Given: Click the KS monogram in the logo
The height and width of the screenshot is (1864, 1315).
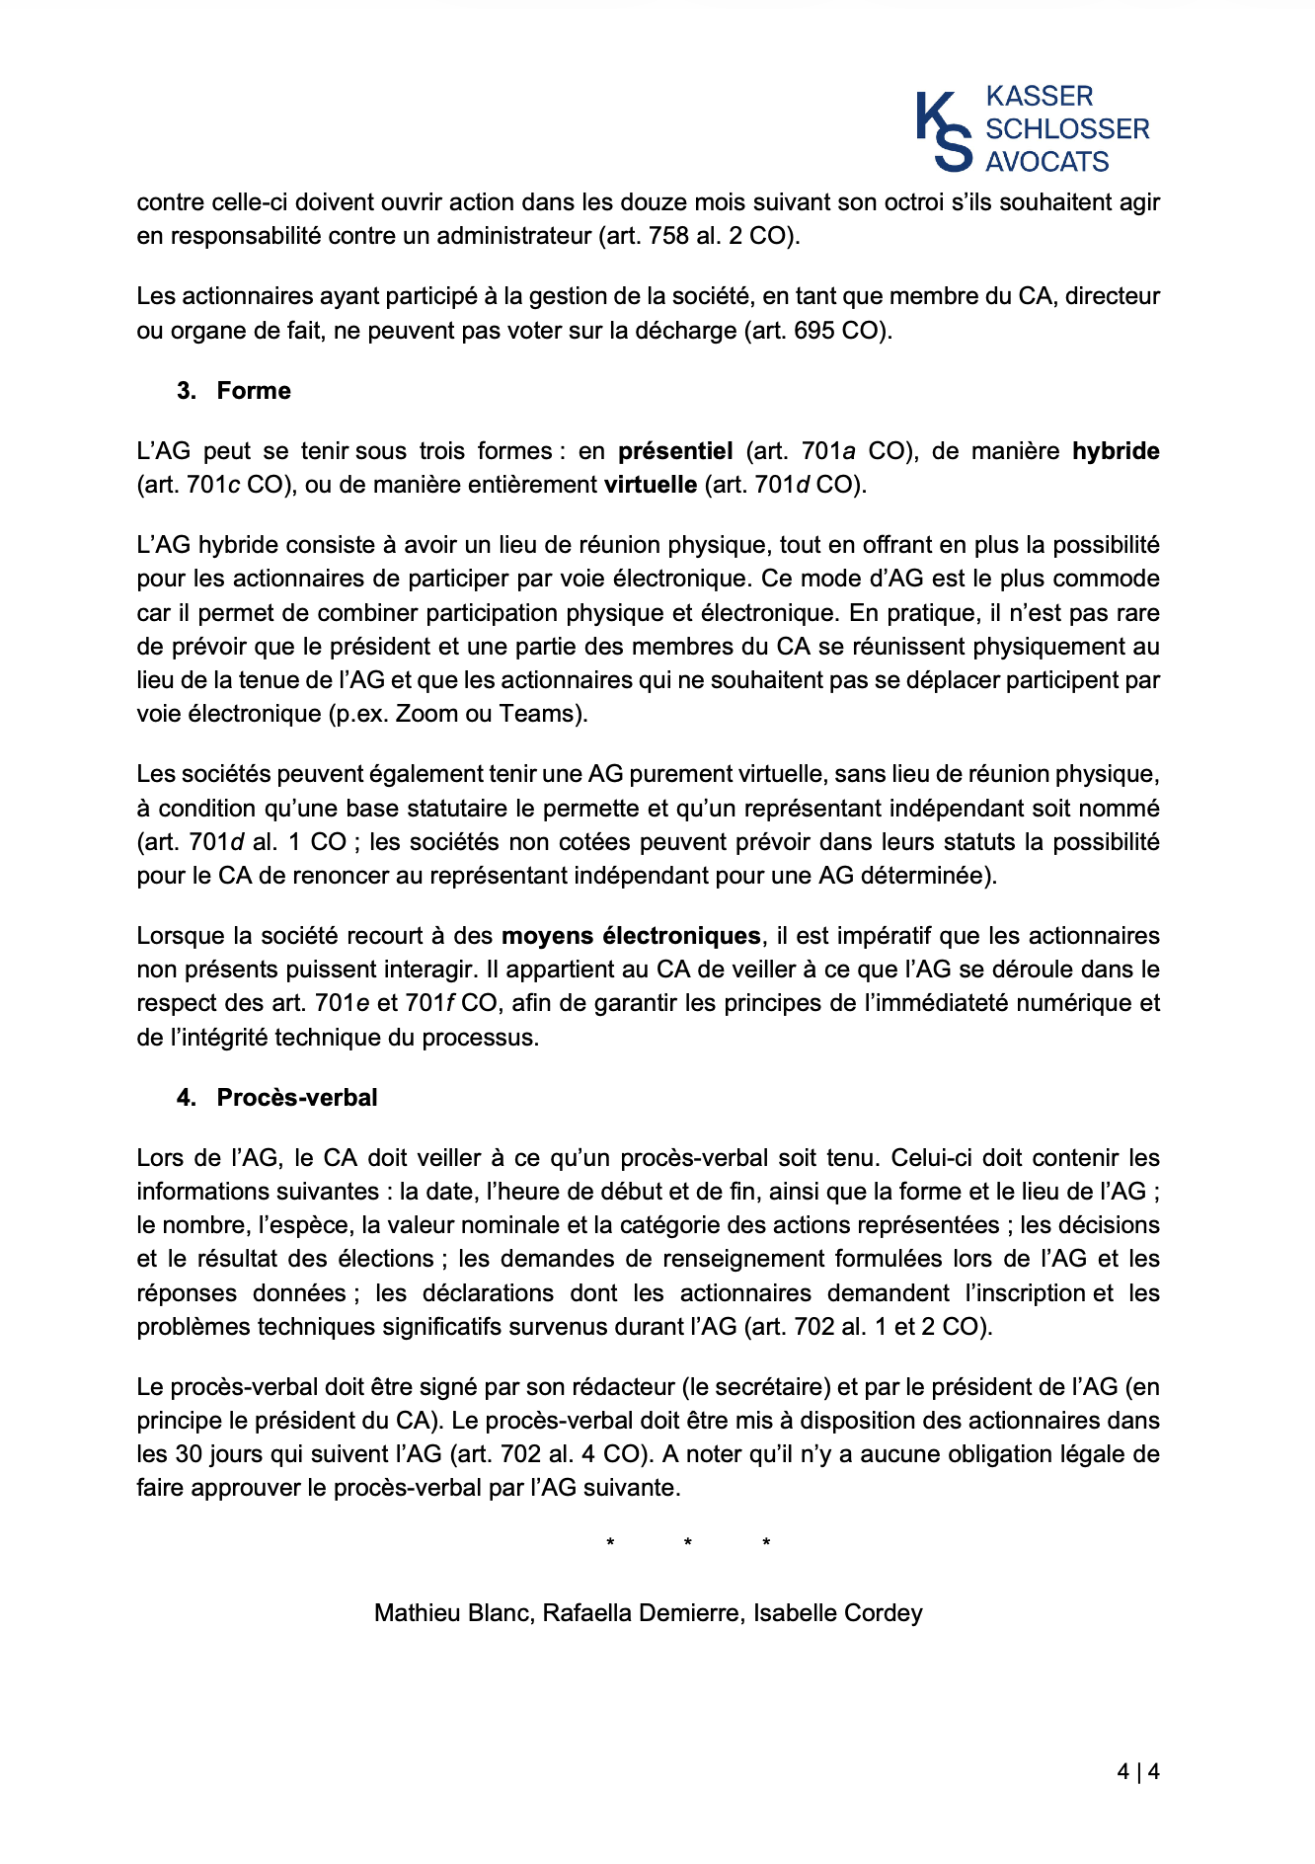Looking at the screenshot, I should tap(944, 131).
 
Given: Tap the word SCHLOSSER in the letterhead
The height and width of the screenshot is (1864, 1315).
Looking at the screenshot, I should tap(1067, 129).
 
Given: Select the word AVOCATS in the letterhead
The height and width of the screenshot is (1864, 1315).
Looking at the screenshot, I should tap(1047, 162).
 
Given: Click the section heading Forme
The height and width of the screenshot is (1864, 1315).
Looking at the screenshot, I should tap(254, 391).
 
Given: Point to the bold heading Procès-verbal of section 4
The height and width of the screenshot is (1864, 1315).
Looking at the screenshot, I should tap(297, 1098).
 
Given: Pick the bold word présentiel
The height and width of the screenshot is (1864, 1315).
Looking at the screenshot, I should tap(675, 451).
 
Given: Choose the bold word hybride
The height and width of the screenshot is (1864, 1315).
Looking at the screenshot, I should tap(1116, 451).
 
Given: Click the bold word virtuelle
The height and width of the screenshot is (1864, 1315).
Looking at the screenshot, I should tap(651, 485).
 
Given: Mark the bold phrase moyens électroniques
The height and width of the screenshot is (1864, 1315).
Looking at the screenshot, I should tap(631, 936).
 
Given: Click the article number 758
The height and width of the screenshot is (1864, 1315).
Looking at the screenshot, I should tap(668, 236).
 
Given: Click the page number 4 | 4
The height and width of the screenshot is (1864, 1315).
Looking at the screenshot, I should tap(1137, 1772).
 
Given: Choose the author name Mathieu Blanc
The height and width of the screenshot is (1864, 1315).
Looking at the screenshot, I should tap(453, 1613).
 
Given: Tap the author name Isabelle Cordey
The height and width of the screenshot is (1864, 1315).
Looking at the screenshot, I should tap(837, 1613).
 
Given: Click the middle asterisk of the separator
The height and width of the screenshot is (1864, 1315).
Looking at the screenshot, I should tap(687, 1543).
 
